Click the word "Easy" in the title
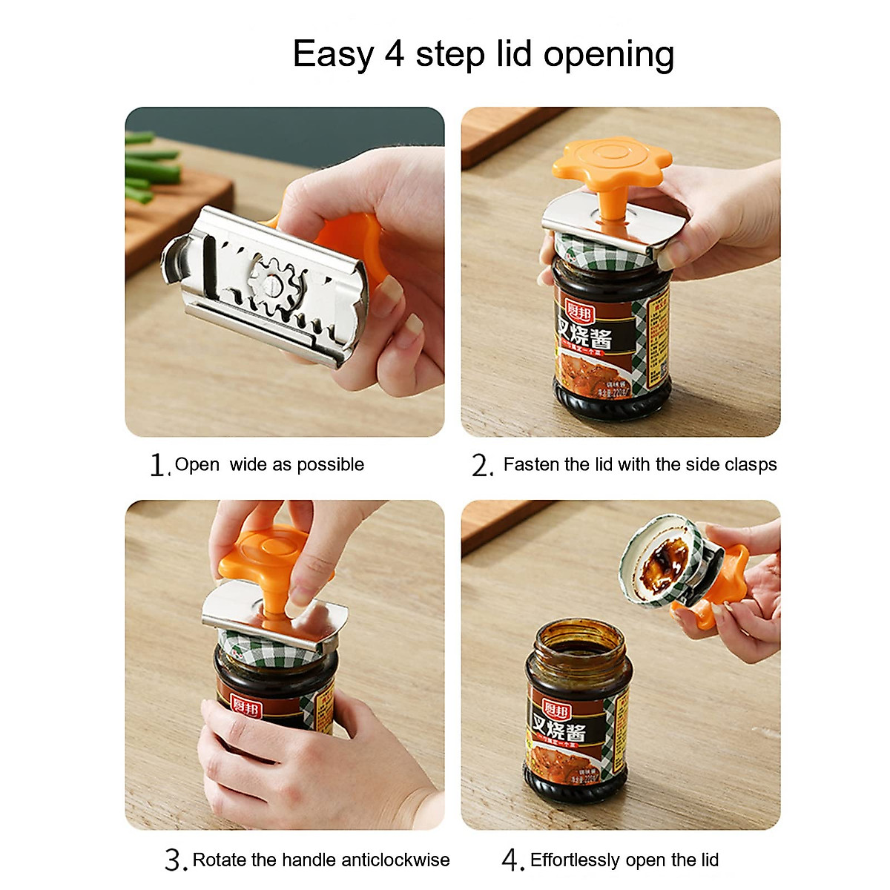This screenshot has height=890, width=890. pos(333,55)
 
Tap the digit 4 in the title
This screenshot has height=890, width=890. pos(394,54)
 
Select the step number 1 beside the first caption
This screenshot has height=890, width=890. pos(157,466)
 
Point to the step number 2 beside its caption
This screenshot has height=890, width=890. pos(481,466)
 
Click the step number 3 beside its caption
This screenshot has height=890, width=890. pos(174,860)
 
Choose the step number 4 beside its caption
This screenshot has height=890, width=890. pos(512,860)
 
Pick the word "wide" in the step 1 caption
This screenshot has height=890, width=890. pos(248,465)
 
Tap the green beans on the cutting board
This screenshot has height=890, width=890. pos(152,169)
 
